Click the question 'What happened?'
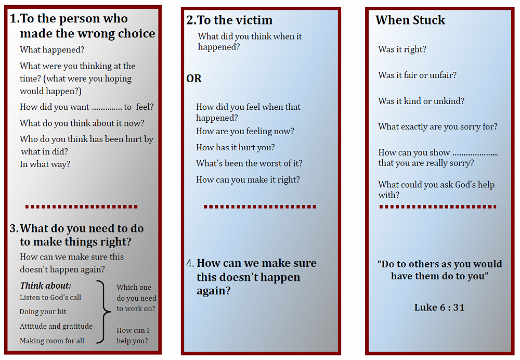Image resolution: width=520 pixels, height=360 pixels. click(52, 50)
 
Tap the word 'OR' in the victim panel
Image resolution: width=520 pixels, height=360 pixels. click(194, 79)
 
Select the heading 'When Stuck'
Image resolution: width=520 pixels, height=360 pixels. click(410, 20)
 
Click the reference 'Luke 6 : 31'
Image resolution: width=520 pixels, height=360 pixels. click(439, 307)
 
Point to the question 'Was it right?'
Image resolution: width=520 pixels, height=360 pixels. click(402, 49)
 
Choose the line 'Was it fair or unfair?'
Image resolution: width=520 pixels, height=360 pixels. click(418, 75)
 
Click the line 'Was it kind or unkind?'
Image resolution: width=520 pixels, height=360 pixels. click(422, 101)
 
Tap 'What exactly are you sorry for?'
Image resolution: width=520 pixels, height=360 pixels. click(438, 126)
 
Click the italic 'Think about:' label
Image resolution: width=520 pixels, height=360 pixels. click(46, 286)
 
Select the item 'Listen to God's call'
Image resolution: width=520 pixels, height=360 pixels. click(50, 298)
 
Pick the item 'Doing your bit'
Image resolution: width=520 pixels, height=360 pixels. click(43, 312)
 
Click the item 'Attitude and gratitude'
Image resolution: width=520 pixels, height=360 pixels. click(56, 326)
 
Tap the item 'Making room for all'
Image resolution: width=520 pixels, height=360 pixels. click(52, 341)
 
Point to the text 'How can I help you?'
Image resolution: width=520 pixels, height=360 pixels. click(133, 336)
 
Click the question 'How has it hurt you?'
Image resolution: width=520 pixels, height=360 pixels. click(236, 148)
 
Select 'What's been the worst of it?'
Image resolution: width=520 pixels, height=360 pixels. click(249, 163)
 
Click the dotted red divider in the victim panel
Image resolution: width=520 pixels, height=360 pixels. click(260, 207)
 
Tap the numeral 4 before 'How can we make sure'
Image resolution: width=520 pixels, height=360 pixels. click(190, 263)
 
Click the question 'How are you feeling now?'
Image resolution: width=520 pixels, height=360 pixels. click(245, 132)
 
